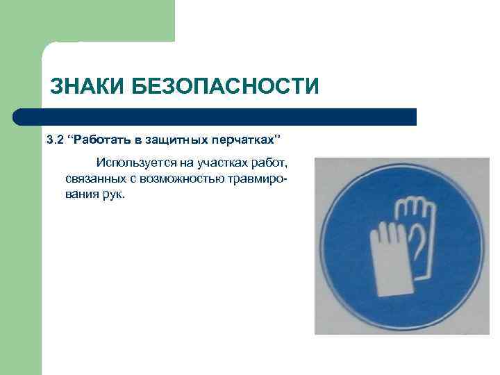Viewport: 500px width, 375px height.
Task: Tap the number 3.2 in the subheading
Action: [x=55, y=140]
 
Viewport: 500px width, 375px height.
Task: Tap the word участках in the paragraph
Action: [x=221, y=163]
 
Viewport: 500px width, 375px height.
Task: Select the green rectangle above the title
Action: [x=104, y=21]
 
